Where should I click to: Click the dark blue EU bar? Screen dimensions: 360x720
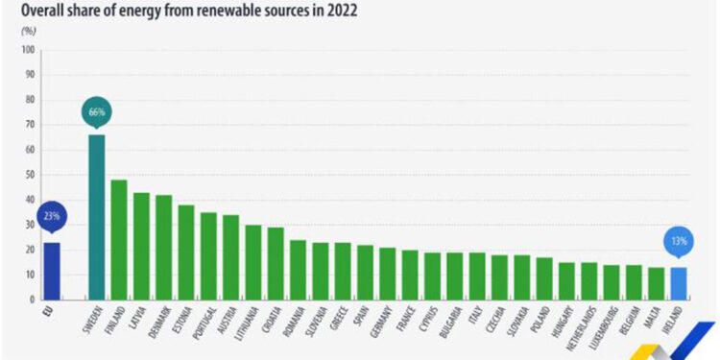(51, 271)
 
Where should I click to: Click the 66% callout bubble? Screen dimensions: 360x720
(97, 111)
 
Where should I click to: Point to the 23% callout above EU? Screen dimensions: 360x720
(51, 216)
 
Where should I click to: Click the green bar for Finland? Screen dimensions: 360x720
(119, 239)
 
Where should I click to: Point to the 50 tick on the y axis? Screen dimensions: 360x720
(28, 175)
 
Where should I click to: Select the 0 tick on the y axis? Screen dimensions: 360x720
(31, 300)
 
